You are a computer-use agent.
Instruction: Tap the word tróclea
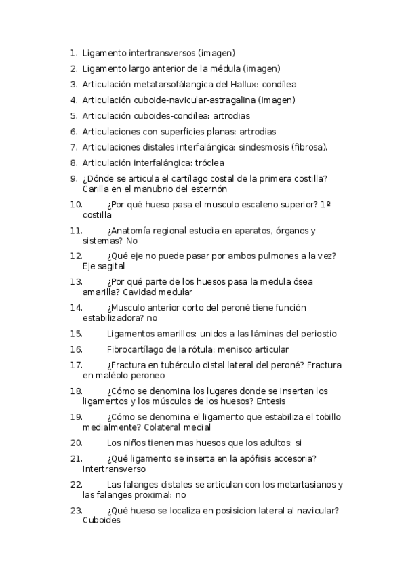(x=208, y=163)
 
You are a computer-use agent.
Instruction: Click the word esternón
(x=206, y=189)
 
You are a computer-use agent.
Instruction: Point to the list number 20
(x=76, y=443)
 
